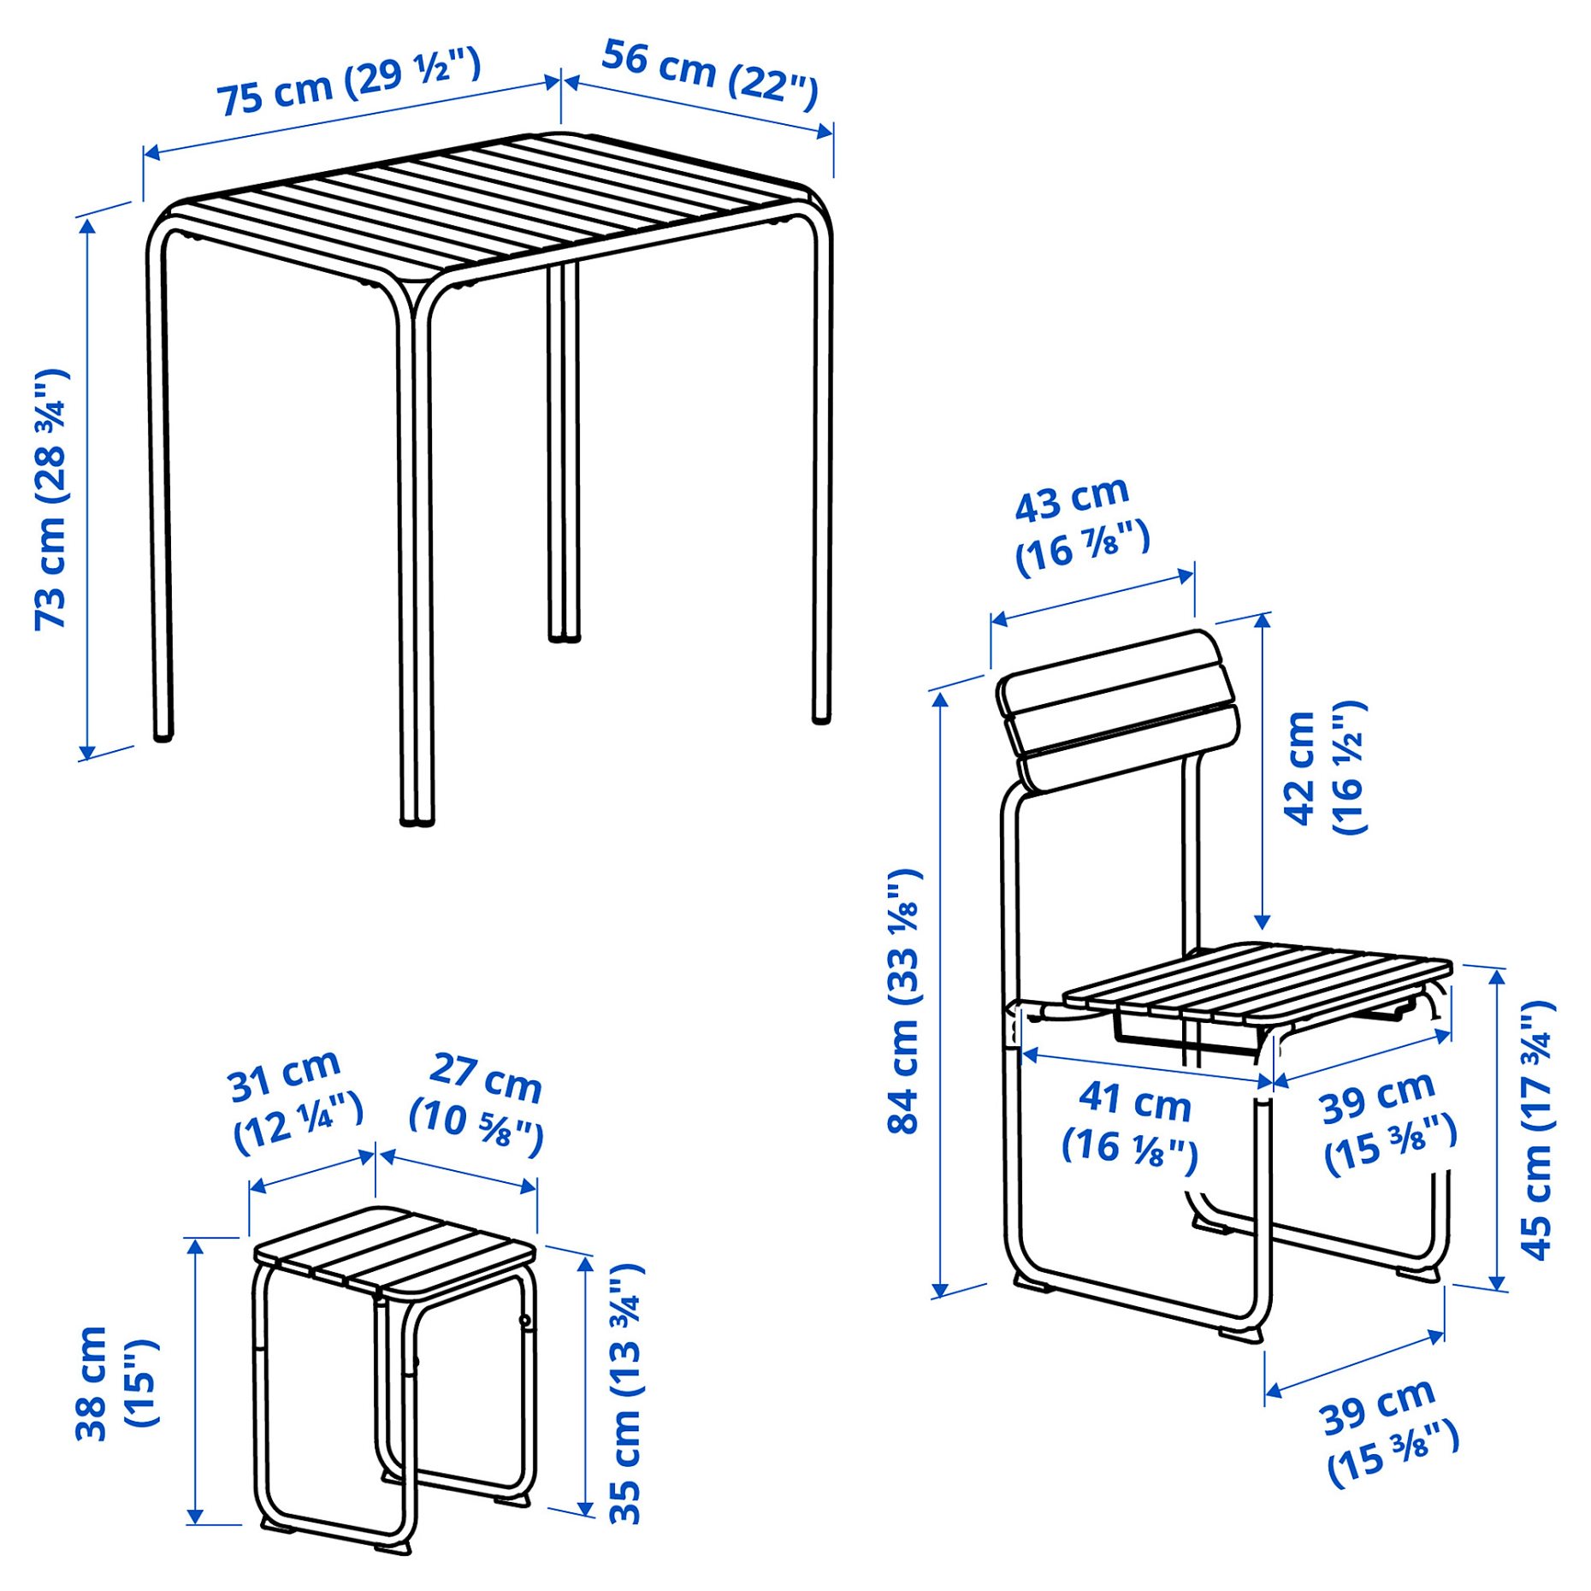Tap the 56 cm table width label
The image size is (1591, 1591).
pos(709,74)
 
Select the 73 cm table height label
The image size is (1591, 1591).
pos(50,500)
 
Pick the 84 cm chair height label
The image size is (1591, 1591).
pos(903,1001)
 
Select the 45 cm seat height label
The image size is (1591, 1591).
pos(1536,1129)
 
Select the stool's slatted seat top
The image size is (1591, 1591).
pos(393,1248)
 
